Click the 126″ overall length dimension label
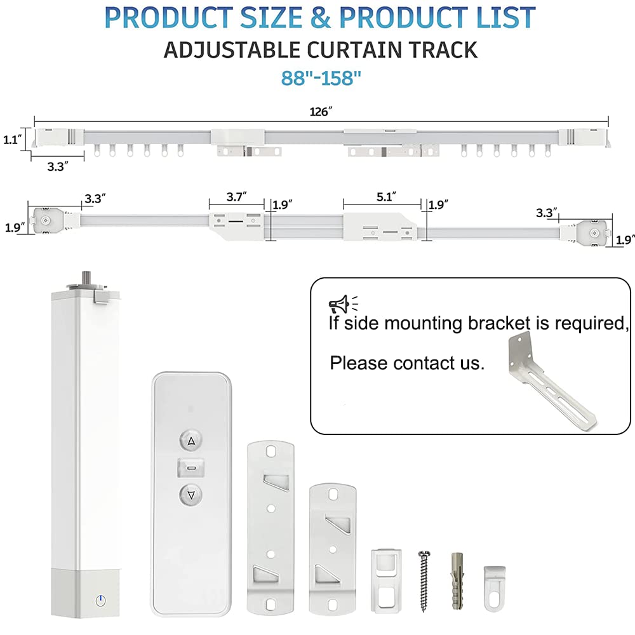tap(321, 112)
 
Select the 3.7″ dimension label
tap(236, 197)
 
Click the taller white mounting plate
tap(271, 523)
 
